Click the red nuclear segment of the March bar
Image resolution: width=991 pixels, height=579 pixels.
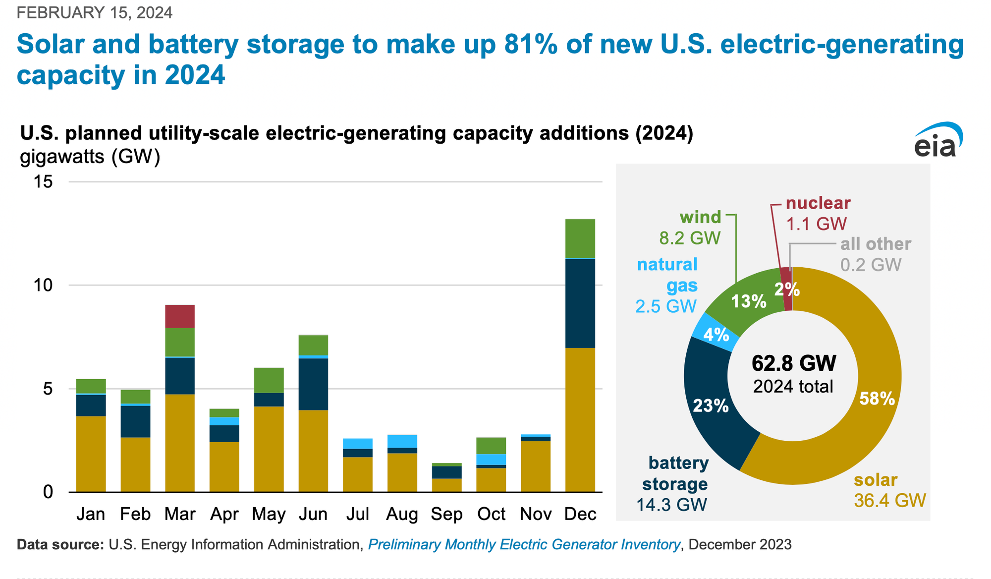(x=179, y=316)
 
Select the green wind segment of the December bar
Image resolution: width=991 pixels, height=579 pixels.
(x=580, y=238)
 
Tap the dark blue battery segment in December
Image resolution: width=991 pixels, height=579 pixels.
(x=580, y=303)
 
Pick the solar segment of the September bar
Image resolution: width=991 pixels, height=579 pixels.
(x=446, y=485)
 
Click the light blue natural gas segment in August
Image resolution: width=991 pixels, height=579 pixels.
(x=402, y=441)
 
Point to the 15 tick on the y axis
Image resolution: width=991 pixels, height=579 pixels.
(x=44, y=182)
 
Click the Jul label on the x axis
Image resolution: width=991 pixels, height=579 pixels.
(x=357, y=514)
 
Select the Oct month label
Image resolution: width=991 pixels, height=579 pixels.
(x=491, y=514)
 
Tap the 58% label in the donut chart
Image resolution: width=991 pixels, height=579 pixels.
(x=877, y=399)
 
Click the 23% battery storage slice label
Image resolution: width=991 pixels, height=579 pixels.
(x=710, y=406)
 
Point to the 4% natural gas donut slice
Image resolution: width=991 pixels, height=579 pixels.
(x=716, y=335)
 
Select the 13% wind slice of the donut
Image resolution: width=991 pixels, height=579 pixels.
(x=748, y=301)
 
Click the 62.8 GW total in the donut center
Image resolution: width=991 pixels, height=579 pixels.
(x=793, y=363)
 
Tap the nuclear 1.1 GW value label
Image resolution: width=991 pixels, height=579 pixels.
(x=817, y=224)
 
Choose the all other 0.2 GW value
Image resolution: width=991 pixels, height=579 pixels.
(x=870, y=265)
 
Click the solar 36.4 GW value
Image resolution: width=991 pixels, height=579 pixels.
(x=889, y=501)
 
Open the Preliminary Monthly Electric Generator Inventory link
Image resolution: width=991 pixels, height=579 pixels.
(x=524, y=545)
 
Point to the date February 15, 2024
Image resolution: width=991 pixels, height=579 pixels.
(x=95, y=12)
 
